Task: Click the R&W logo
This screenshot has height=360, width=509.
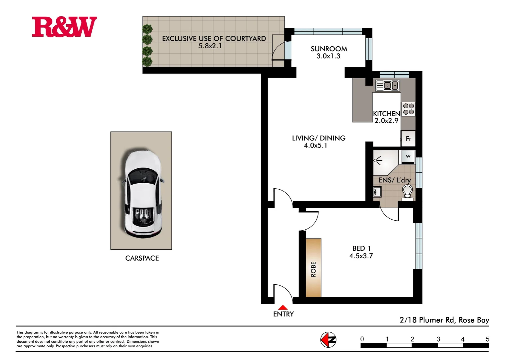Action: [64, 27]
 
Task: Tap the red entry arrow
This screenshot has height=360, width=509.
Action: [283, 307]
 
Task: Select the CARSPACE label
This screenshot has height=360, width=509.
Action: [142, 258]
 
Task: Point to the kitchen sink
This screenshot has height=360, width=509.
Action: [387, 86]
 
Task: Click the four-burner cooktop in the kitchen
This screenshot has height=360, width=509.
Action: [408, 109]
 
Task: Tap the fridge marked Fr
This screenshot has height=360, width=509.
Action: [408, 139]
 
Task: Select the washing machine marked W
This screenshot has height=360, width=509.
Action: [408, 156]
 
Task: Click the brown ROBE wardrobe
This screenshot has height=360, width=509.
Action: [313, 268]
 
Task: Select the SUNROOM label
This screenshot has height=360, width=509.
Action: [329, 49]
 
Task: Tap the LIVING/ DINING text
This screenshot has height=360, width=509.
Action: [318, 138]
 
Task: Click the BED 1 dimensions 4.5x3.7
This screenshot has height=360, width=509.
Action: [361, 256]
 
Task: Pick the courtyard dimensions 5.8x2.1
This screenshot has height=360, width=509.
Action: [210, 46]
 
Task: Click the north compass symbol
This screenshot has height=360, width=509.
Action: [328, 340]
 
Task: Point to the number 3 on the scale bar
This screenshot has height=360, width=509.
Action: [438, 339]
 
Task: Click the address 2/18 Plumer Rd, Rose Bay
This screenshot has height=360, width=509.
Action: [444, 320]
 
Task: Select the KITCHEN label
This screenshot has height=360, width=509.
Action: [386, 114]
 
